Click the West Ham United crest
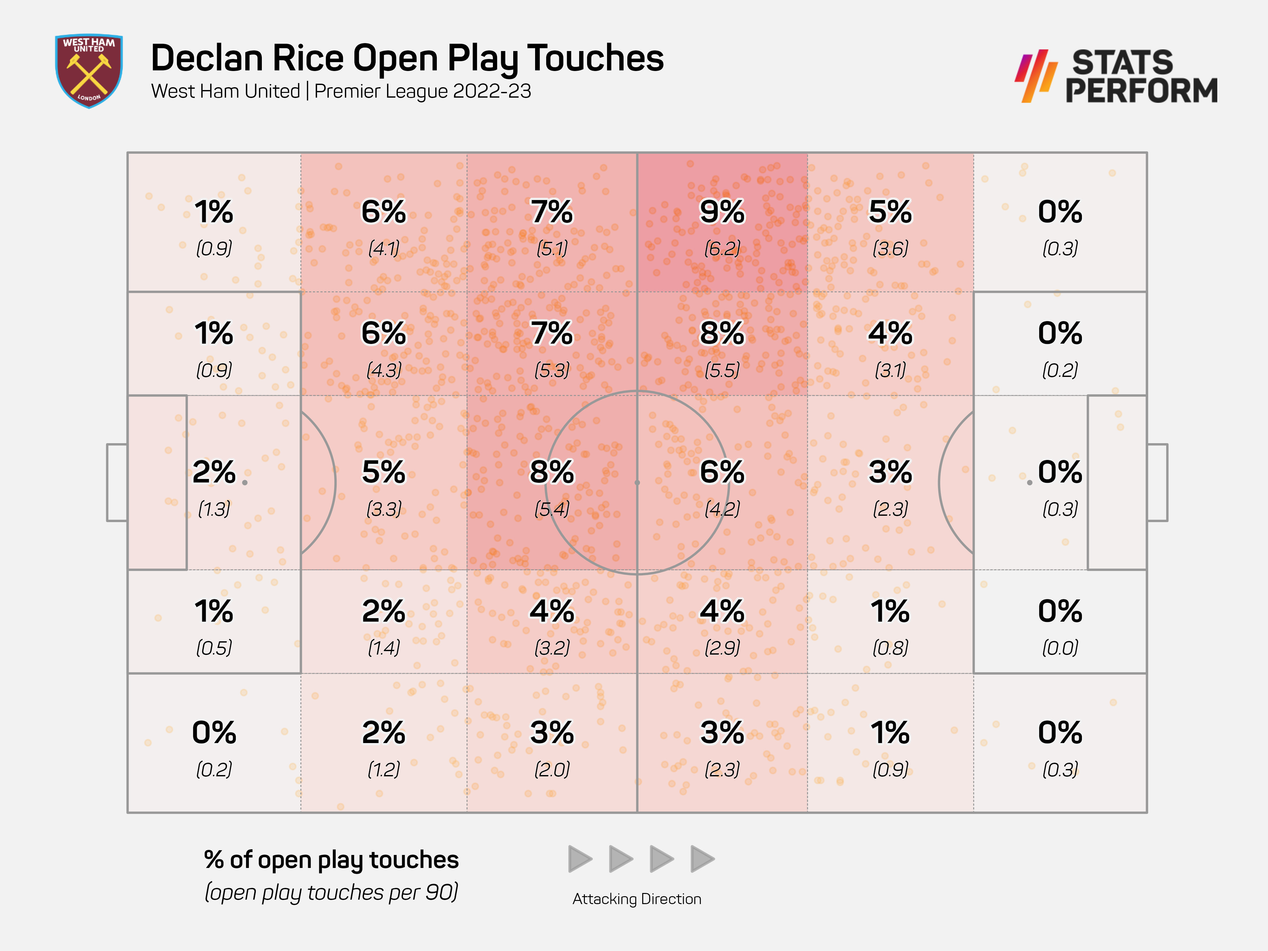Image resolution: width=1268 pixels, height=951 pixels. [89, 70]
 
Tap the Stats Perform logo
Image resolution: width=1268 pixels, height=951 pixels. [1116, 76]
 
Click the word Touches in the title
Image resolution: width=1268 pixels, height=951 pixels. [595, 58]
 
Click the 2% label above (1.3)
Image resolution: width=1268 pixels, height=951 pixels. [214, 472]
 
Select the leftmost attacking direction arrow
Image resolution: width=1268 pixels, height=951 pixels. [579, 859]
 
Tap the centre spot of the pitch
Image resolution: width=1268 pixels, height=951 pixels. [637, 483]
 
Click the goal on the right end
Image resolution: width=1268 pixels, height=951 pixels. [1157, 483]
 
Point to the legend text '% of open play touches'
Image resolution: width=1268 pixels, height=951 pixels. [331, 860]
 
